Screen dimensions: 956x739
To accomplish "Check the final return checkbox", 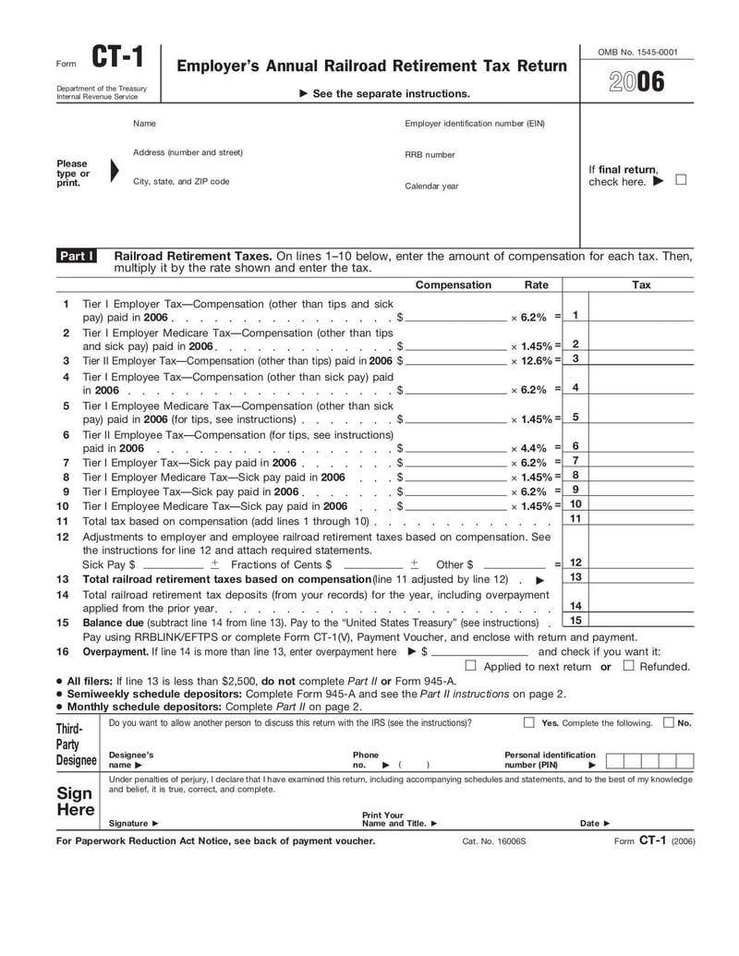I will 681,180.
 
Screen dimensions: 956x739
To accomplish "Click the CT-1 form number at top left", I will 117,59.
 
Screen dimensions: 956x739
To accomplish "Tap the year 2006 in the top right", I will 636,83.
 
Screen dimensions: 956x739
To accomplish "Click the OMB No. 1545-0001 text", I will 637,52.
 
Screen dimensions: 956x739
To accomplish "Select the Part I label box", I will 77,256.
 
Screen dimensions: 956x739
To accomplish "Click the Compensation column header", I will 454,284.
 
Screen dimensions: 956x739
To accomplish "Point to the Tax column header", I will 641,284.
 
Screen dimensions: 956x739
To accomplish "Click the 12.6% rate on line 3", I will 535,360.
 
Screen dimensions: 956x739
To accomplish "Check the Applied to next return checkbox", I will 470,665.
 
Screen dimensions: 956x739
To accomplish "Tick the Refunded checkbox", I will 628,665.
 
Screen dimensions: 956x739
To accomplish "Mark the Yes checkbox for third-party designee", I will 529,722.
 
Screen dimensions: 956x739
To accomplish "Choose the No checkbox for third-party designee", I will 668,722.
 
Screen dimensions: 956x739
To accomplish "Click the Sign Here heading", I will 75,801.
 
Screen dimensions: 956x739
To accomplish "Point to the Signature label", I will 134,823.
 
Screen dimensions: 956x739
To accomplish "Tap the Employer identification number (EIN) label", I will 475,123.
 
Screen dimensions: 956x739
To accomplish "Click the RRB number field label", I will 430,154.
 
